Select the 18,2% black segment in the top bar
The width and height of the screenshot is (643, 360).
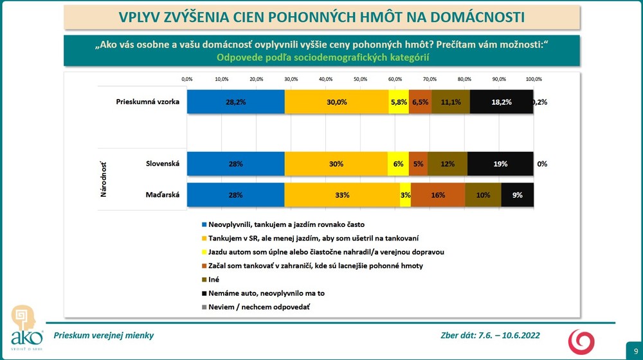tap(502, 102)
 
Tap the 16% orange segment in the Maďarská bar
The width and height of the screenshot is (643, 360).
tap(438, 195)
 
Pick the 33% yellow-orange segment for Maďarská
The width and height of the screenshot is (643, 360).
tap(342, 195)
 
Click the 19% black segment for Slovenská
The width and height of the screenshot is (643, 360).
tap(500, 164)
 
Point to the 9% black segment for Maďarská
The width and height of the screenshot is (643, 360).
tap(517, 195)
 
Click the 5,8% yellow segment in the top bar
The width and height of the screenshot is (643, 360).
tap(399, 102)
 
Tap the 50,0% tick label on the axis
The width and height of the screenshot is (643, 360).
tap(360, 79)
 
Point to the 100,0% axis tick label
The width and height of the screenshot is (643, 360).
tap(534, 79)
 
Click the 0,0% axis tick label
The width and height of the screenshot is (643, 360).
tap(187, 79)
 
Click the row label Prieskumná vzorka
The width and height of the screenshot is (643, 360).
tap(147, 102)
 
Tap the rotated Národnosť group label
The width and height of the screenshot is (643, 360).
tap(104, 179)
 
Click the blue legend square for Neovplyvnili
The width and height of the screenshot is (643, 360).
tap(204, 225)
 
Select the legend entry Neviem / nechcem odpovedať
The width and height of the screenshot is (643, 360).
tap(264, 307)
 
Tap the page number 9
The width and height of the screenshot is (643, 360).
tap(635, 350)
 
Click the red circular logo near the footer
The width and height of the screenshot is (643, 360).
tap(583, 340)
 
